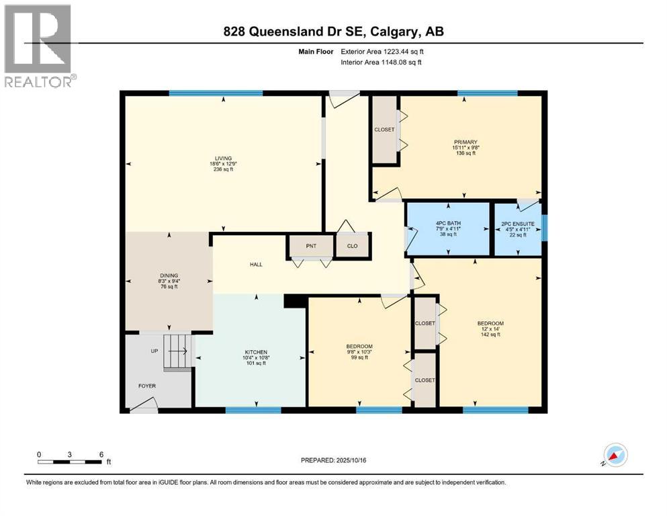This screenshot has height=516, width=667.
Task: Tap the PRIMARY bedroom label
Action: [465, 142]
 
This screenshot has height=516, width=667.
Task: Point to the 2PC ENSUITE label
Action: [518, 223]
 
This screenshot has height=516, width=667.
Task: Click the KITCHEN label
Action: [256, 352]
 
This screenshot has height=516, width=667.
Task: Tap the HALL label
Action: [255, 264]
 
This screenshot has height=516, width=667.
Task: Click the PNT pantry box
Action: [311, 247]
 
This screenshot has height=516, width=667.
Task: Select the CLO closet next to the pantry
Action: [352, 247]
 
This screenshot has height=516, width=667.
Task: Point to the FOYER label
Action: [146, 386]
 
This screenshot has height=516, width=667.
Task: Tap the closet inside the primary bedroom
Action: [385, 130]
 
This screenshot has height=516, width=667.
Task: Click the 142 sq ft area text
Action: [490, 334]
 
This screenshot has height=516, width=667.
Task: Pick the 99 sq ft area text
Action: [359, 357]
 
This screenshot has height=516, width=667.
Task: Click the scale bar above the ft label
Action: [70, 462]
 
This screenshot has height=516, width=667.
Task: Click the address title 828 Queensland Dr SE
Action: [334, 31]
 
